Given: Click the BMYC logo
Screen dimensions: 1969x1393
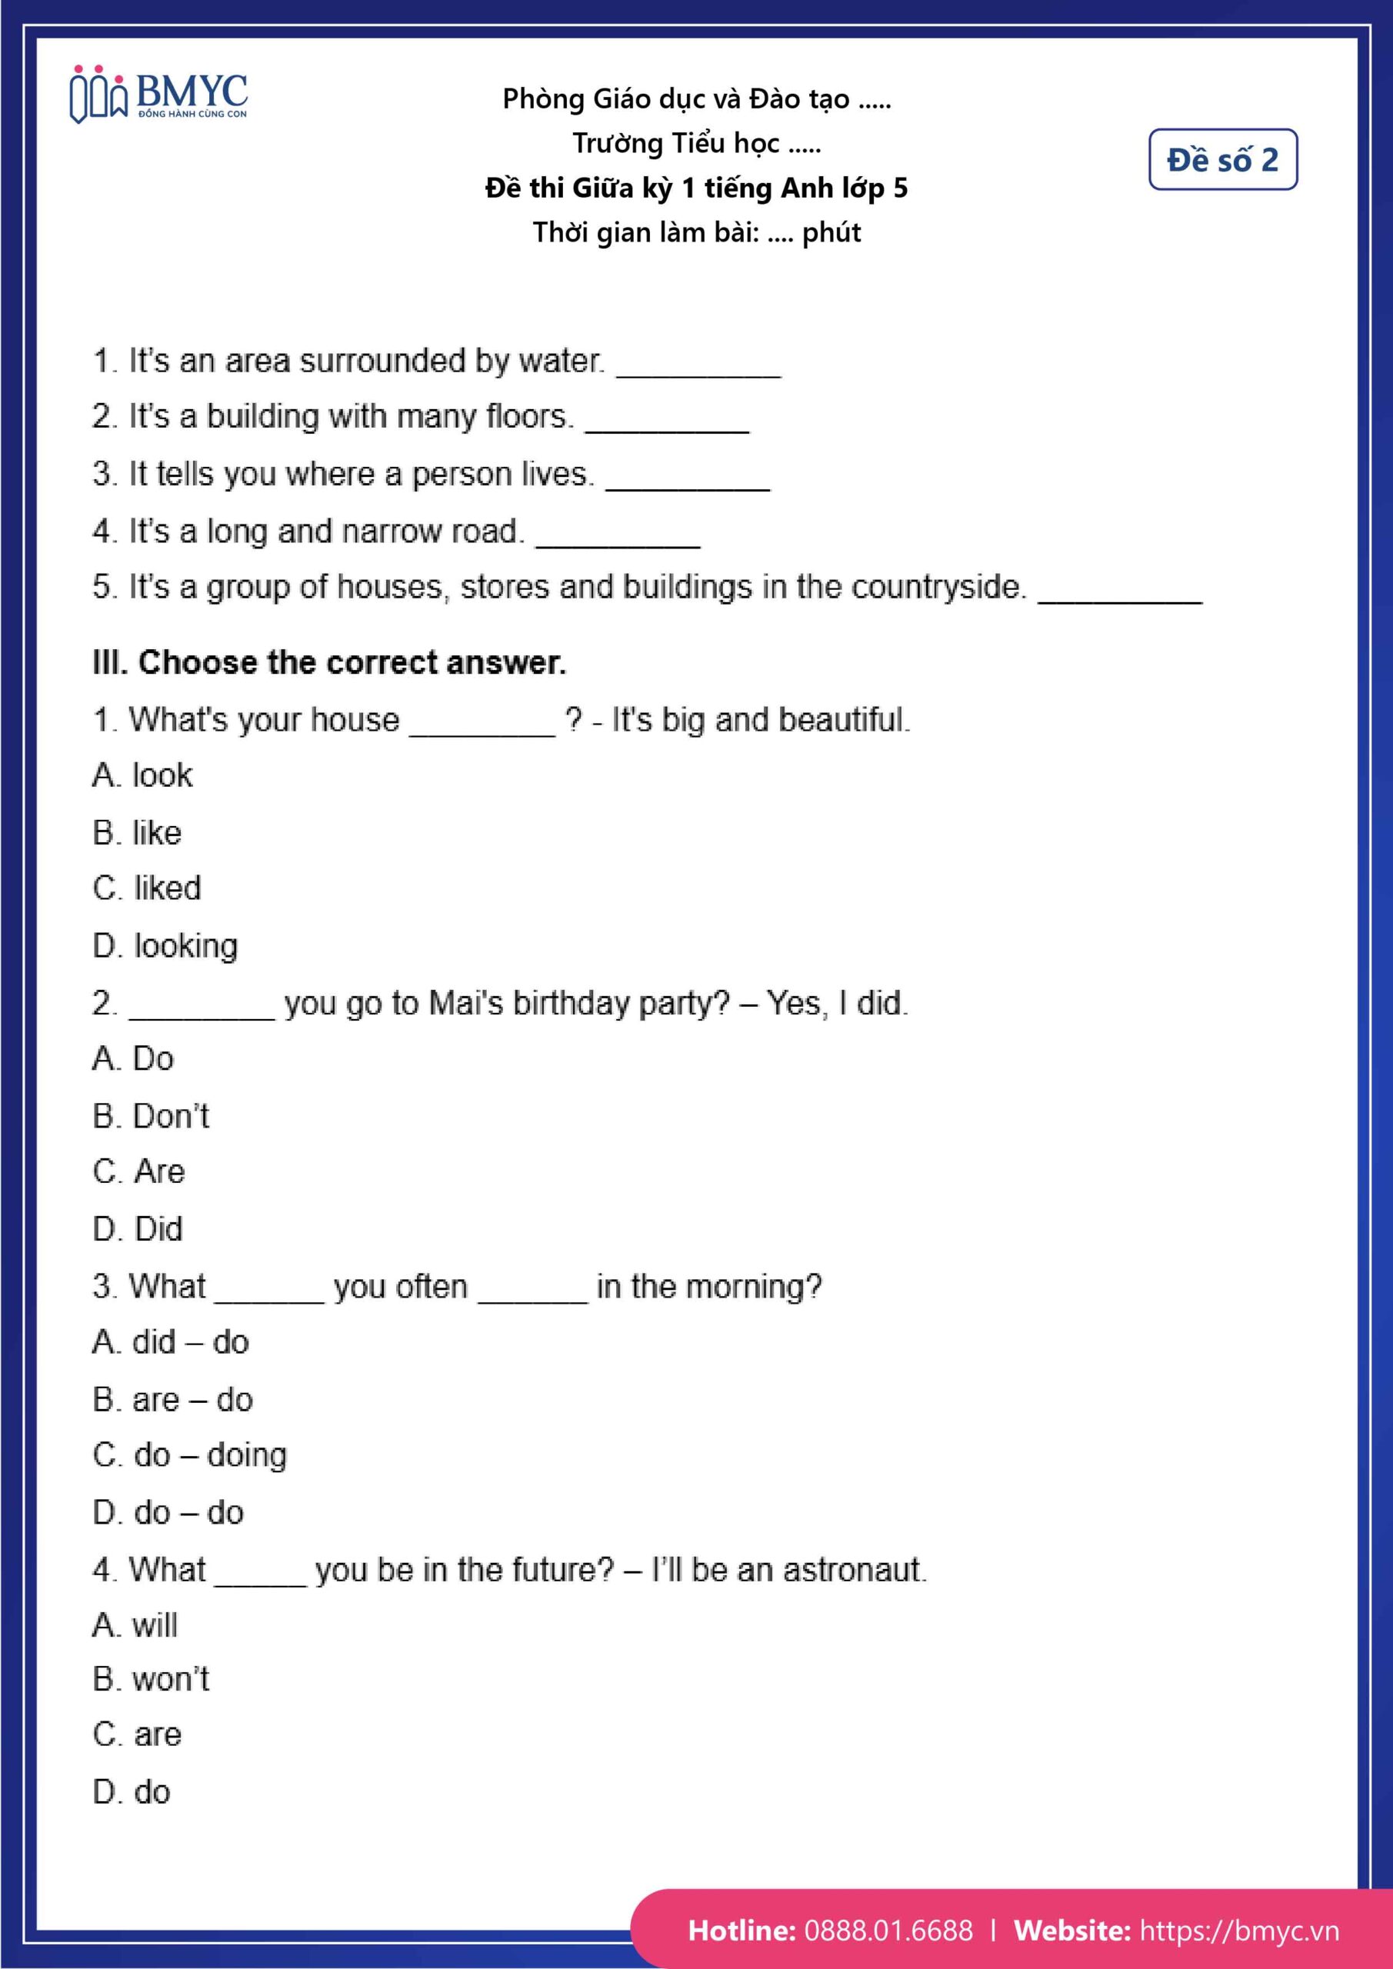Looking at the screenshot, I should pyautogui.click(x=158, y=95).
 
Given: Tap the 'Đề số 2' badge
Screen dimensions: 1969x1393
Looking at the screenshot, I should pyautogui.click(x=1222, y=159).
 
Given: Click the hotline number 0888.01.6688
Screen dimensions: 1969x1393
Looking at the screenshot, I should pyautogui.click(x=888, y=1930).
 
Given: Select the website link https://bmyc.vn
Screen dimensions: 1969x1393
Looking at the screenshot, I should pyautogui.click(x=1238, y=1930).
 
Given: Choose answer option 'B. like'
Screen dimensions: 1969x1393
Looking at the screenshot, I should pyautogui.click(x=137, y=833).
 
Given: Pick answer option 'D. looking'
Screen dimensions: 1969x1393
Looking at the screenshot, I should pyautogui.click(x=165, y=946).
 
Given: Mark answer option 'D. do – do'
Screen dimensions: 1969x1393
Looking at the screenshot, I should pyautogui.click(x=168, y=1512).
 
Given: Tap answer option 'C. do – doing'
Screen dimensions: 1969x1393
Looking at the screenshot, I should pyautogui.click(x=189, y=1455).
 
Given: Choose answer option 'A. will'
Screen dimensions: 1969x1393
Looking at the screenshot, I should pyautogui.click(x=135, y=1624).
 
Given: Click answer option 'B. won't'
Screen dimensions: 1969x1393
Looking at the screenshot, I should pyautogui.click(x=151, y=1679).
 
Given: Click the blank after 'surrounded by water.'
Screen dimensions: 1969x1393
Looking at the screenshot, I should pyautogui.click(x=698, y=368).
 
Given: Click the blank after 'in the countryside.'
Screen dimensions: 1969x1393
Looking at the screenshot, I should pyautogui.click(x=1119, y=595).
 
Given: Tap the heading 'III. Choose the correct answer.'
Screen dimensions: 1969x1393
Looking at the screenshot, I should pyautogui.click(x=329, y=662).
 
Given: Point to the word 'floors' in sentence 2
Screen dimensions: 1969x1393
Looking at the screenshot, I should pyautogui.click(x=527, y=417).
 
